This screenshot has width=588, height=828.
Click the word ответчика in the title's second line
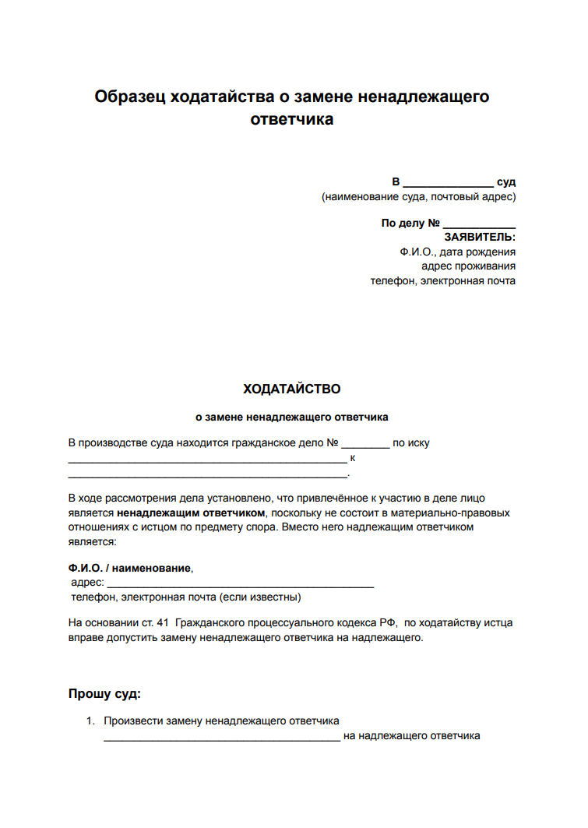tap(292, 120)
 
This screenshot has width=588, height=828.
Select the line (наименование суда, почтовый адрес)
tap(418, 196)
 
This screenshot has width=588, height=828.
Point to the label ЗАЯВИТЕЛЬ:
tap(480, 237)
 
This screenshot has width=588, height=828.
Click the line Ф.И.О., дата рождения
tap(457, 252)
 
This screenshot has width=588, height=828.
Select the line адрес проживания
tap(468, 266)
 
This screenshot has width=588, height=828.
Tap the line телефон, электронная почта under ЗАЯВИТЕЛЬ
tap(442, 280)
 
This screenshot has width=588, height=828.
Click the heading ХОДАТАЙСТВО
tap(292, 389)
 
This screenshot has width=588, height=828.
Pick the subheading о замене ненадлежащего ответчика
tap(291, 417)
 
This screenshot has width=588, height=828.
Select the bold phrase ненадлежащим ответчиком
tap(192, 513)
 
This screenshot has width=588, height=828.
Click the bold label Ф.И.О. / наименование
tap(129, 568)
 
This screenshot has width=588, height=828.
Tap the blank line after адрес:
tap(240, 584)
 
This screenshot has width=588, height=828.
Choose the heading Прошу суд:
tap(104, 693)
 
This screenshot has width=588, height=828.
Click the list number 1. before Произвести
tap(90, 721)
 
